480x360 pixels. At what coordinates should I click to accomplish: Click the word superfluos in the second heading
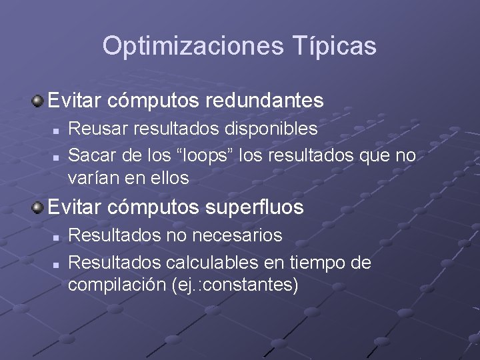point(256,207)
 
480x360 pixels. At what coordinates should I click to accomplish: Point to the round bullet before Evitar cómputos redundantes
point(38,101)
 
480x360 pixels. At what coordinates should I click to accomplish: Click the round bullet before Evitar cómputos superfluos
point(38,207)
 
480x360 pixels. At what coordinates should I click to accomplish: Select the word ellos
point(170,178)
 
